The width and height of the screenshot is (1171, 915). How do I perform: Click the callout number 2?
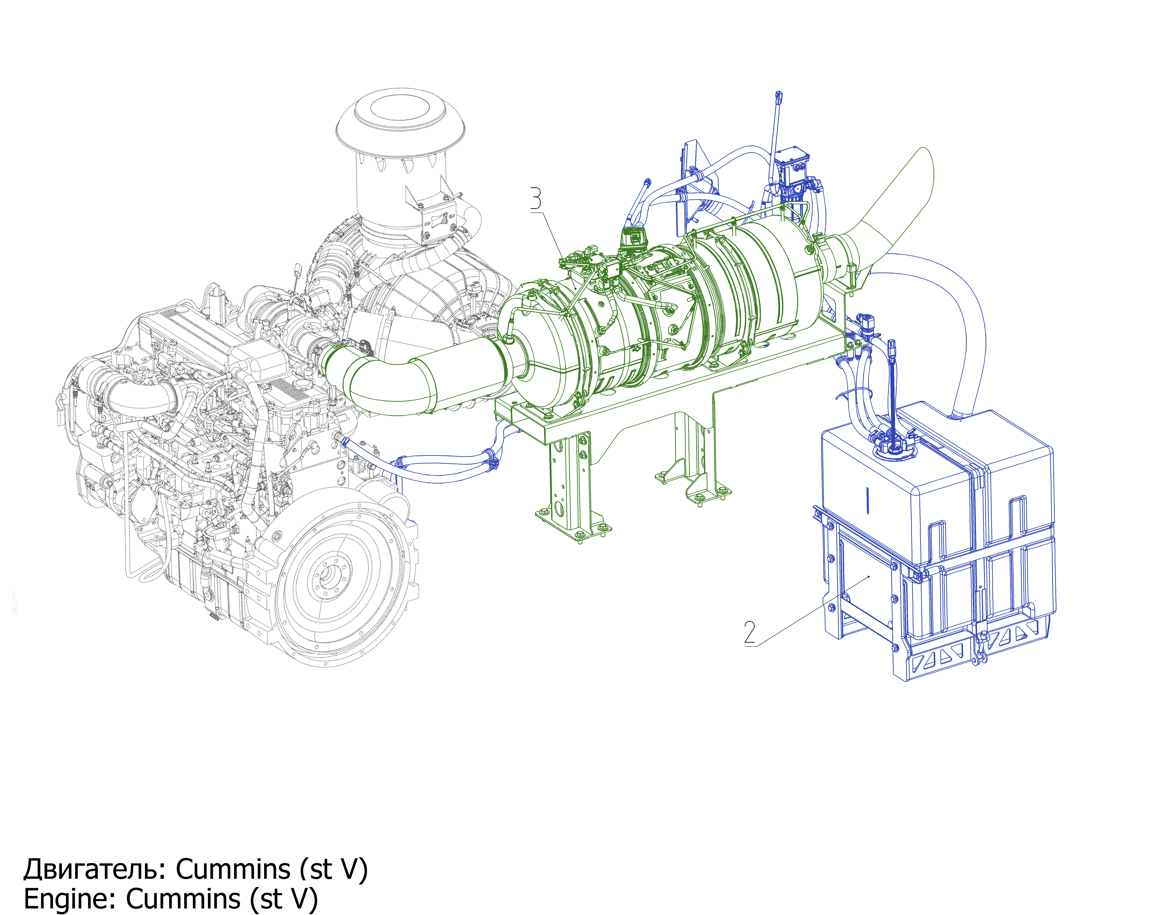click(750, 633)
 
